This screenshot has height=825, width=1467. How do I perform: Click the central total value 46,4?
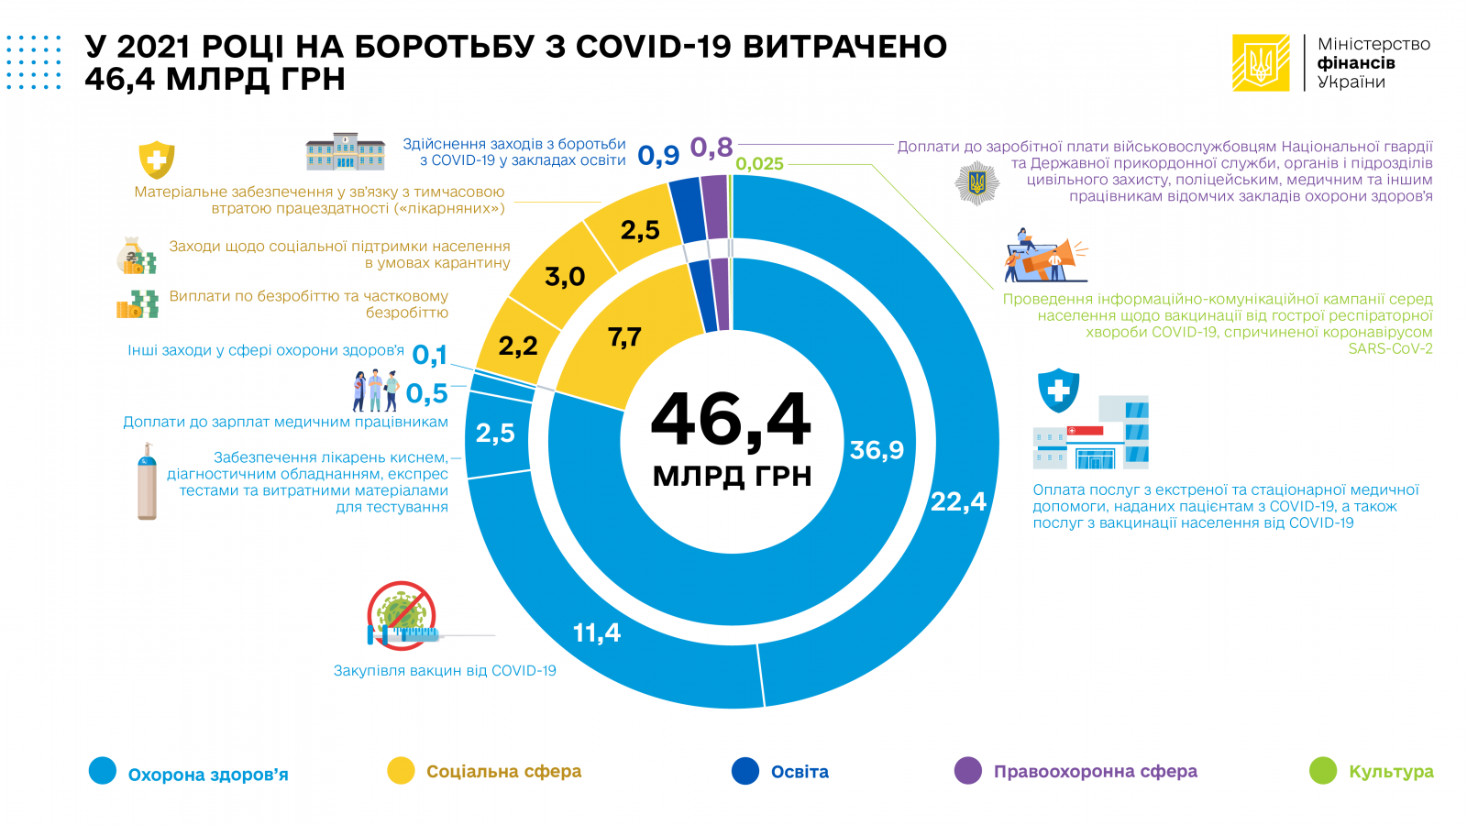[731, 421]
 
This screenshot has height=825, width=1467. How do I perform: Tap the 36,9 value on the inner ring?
[877, 450]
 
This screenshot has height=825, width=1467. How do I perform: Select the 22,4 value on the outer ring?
[958, 501]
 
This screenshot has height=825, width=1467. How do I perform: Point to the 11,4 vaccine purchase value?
[596, 632]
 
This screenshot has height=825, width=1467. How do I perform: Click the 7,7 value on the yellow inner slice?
[624, 337]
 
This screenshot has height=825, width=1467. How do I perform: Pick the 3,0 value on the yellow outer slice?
[565, 276]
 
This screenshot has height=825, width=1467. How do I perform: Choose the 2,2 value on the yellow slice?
[518, 346]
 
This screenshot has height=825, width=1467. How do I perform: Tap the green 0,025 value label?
[759, 164]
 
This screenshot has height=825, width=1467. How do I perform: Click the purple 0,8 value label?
[711, 148]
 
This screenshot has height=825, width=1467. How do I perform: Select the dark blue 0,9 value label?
[658, 156]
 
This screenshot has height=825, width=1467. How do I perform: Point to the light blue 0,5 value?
[426, 393]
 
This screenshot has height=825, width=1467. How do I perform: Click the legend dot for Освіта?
[745, 771]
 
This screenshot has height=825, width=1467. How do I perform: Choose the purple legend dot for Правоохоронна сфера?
[968, 771]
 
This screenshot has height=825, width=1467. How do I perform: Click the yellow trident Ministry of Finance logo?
[1261, 63]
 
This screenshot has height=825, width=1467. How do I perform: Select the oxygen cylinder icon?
[147, 482]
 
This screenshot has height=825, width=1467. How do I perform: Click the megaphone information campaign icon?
[1047, 255]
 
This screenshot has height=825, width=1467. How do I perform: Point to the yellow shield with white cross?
[157, 159]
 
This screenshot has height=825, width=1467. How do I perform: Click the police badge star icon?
[976, 182]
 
